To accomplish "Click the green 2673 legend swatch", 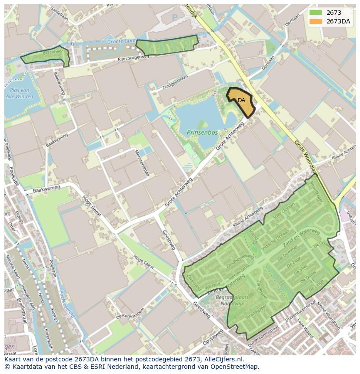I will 316,13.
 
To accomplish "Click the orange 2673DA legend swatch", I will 316,22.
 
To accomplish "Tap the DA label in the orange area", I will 241,100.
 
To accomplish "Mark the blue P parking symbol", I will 174,17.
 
